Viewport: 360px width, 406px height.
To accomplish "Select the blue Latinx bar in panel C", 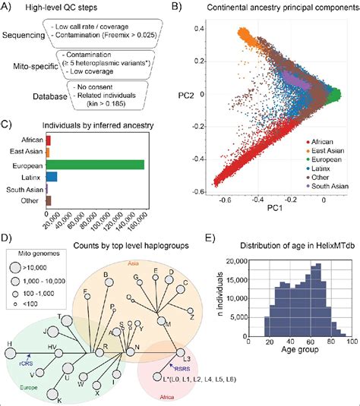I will [x=52, y=177].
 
